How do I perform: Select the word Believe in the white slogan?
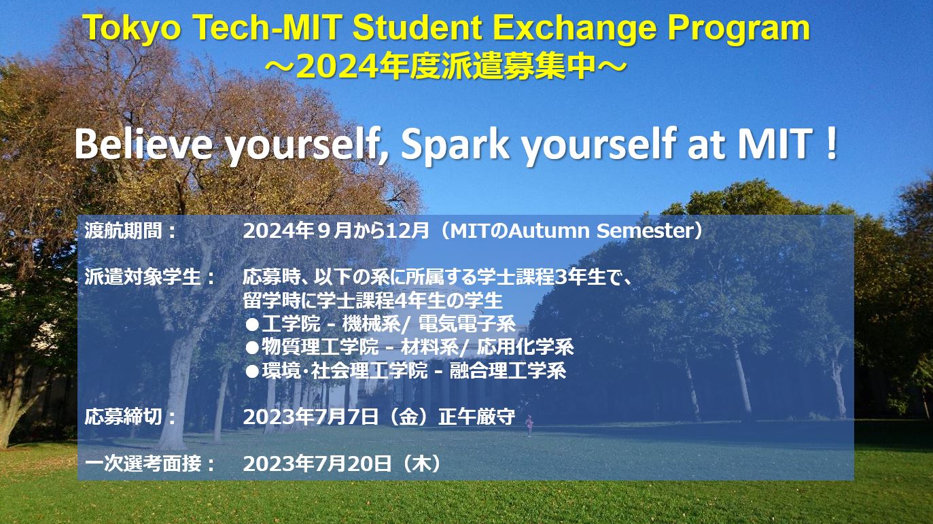(x=143, y=143)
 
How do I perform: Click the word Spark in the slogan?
(x=455, y=146)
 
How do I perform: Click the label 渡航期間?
(x=123, y=230)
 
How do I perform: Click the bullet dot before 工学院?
(x=252, y=324)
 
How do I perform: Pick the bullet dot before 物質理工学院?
(x=252, y=348)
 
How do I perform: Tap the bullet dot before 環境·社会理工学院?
(x=252, y=371)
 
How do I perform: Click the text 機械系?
(x=371, y=324)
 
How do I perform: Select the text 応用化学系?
(x=525, y=347)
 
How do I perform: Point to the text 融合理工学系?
(x=508, y=370)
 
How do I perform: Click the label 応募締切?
(x=123, y=417)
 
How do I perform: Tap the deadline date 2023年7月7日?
(x=311, y=417)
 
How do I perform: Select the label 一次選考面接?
(x=143, y=464)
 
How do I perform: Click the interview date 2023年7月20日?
(x=317, y=464)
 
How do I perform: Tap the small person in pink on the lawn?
(x=529, y=425)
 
